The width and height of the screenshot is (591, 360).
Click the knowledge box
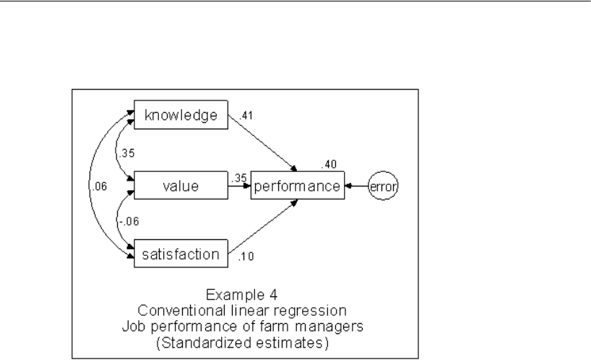click(181, 116)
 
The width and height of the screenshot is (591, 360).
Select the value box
click(181, 187)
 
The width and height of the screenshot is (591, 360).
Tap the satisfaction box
click(181, 254)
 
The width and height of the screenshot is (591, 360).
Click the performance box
click(298, 187)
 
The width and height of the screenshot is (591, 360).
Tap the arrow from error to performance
click(357, 187)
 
